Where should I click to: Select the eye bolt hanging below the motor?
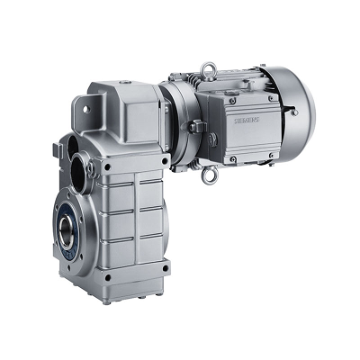pos(213,175)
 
